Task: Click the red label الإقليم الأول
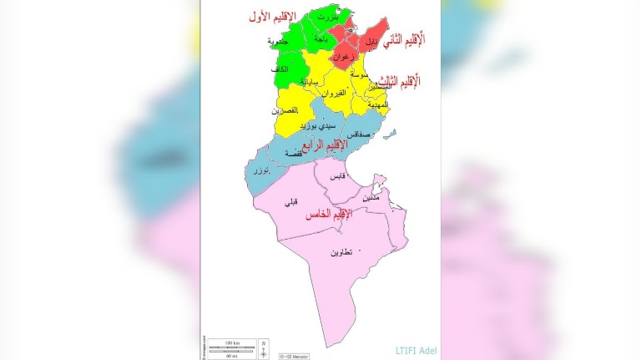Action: [279, 16]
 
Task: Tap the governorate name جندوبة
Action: [278, 41]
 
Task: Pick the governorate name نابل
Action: [372, 40]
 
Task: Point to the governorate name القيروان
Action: [334, 93]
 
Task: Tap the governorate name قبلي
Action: [290, 201]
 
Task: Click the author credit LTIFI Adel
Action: [416, 350]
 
